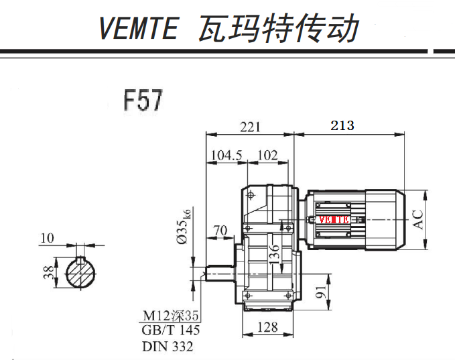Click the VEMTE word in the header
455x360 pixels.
pos(139,28)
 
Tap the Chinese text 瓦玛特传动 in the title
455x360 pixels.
pos(278,28)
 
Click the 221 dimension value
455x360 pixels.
pos(249,126)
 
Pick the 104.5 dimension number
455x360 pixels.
pos(226,156)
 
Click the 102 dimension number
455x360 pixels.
pos(267,156)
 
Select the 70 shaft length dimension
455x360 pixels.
pos(219,232)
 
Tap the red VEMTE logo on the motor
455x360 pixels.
pos(333,219)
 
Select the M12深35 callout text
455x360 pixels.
pos(170,316)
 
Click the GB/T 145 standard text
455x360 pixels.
pos(171,331)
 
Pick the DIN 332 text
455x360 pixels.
pos(167,347)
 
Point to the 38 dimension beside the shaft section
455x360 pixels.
pos(47,272)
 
